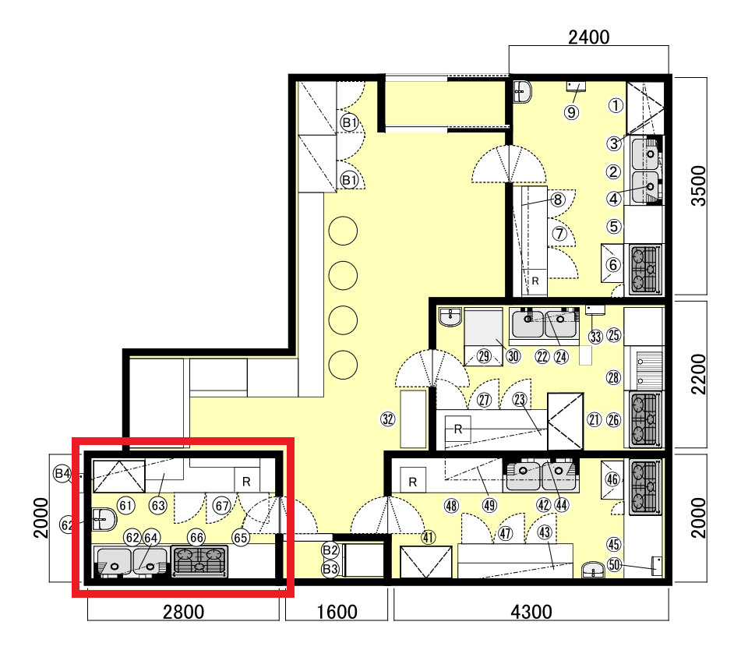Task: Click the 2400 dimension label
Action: [588, 37]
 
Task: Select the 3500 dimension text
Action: [698, 185]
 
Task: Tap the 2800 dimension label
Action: [183, 612]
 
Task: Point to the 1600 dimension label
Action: [337, 612]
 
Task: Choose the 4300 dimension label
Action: [531, 612]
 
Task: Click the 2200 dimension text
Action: [698, 374]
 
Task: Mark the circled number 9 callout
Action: [571, 112]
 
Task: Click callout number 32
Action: [388, 419]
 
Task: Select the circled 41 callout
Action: [428, 538]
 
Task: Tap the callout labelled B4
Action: [62, 473]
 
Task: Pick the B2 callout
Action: [330, 549]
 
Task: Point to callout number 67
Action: [222, 506]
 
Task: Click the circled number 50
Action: [614, 564]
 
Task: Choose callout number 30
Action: [513, 355]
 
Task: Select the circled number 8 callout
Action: [558, 200]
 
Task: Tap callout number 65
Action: [241, 538]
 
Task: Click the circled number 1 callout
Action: [616, 105]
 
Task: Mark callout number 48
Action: [451, 506]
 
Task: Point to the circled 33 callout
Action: [595, 337]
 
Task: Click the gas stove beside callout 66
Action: [199, 561]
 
